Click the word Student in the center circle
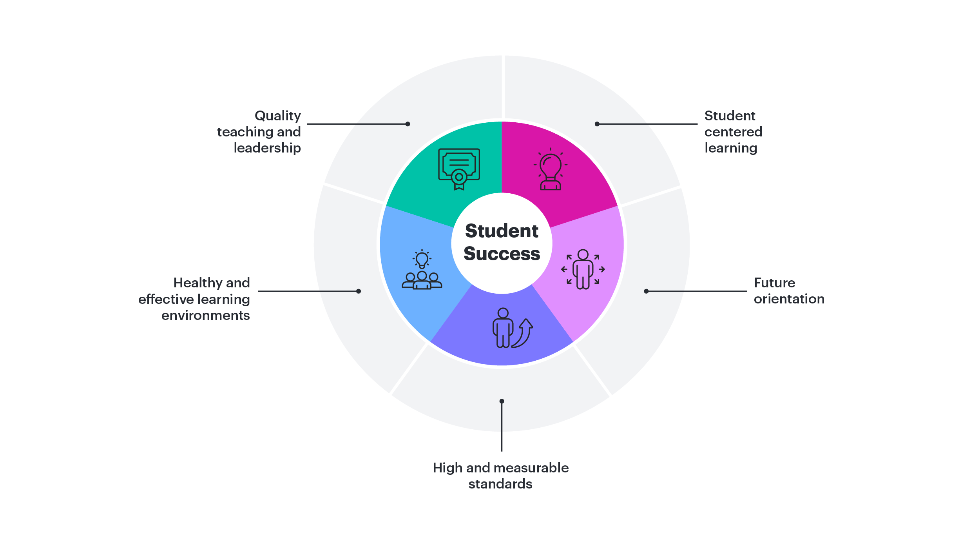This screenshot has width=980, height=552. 502,231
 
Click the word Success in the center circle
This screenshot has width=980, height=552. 502,254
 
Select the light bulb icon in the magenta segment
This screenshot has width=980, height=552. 550,169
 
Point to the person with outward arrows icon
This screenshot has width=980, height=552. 583,269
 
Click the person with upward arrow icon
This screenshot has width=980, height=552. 512,328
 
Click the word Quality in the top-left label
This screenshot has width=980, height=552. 277,116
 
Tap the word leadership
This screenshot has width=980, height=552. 267,148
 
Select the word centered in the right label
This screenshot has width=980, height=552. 733,132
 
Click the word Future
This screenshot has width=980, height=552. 774,283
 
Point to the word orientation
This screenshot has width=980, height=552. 789,299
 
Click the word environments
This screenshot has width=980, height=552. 205,316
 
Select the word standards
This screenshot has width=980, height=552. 500,484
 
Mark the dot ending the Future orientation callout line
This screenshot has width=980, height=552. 646,291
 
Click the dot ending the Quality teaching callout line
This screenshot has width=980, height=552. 408,124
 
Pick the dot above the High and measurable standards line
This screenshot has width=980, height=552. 502,401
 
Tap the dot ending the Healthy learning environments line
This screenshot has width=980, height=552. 358,291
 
